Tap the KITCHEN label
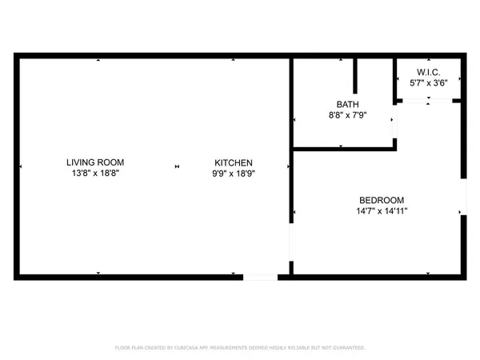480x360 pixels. [x=233, y=162]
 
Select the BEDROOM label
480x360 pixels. [x=381, y=200]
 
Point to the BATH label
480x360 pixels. [x=347, y=105]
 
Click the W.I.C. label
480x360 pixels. [x=428, y=71]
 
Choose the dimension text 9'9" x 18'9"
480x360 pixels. [x=233, y=173]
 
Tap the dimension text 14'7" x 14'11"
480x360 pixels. [x=382, y=211]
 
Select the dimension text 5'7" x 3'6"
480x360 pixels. [x=428, y=82]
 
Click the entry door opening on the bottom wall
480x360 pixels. [x=260, y=277]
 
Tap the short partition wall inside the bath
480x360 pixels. [x=356, y=77]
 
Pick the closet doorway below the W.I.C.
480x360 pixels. [x=428, y=101]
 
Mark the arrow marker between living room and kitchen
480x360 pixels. [x=178, y=166]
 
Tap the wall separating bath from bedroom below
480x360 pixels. [x=343, y=148]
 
